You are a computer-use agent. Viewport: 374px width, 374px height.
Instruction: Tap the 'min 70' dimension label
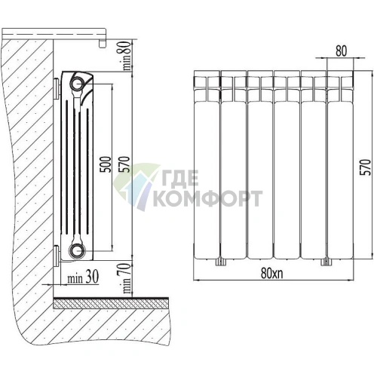[127, 277]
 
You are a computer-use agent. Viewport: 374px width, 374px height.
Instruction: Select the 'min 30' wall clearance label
[83, 277]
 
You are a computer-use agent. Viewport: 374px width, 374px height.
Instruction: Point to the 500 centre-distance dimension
[106, 164]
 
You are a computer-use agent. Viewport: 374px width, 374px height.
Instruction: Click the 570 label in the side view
[125, 164]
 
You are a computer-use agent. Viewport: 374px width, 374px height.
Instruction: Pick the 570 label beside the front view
[366, 167]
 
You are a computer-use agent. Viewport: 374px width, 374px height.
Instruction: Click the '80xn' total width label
[272, 273]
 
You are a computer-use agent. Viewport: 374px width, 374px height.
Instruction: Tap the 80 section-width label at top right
[341, 51]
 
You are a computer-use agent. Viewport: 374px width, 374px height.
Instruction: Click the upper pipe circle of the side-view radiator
[77, 83]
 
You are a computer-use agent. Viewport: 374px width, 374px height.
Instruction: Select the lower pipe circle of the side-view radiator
[77, 250]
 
